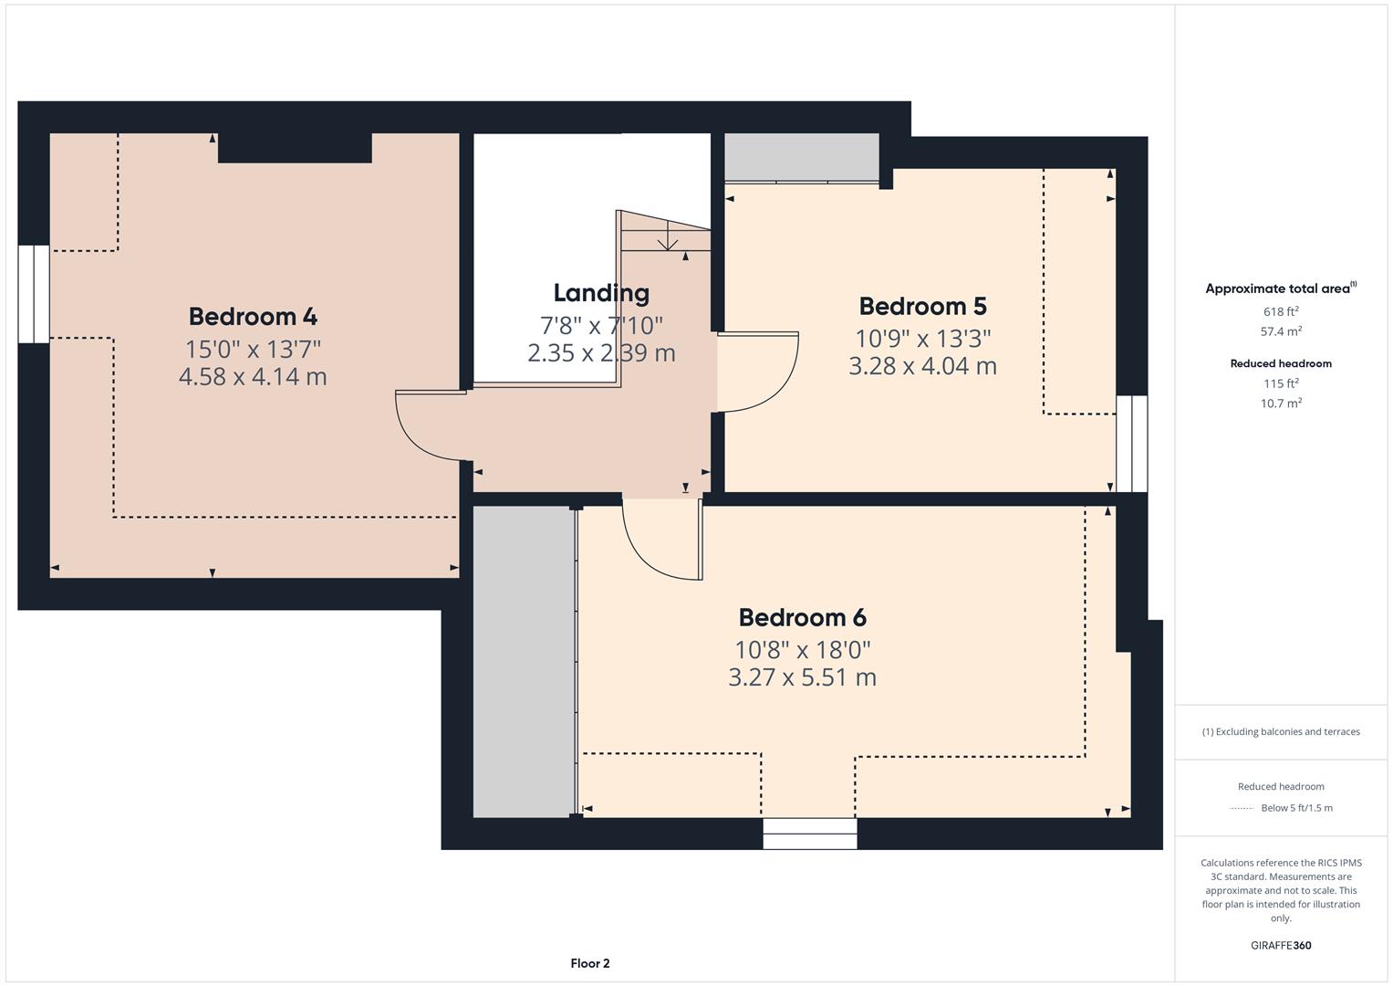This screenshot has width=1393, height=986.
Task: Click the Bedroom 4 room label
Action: [253, 317]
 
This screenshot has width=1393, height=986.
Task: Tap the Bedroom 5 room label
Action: [922, 306]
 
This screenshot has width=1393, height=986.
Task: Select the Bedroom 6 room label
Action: [802, 617]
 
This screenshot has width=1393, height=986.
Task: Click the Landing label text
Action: [601, 293]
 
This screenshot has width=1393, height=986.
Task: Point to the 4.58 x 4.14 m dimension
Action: [253, 376]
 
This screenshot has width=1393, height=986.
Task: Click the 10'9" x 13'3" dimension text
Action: [922, 339]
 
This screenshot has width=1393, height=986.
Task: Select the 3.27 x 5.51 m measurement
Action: [802, 677]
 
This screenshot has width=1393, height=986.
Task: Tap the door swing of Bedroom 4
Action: [424, 429]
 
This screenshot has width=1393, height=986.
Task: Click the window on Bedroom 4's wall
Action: [34, 294]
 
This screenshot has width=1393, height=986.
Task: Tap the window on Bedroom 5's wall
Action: [1131, 444]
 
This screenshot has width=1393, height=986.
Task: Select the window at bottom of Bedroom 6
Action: [810, 834]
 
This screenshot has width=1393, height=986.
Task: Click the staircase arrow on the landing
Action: [667, 241]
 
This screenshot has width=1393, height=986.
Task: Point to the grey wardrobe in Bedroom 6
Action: [523, 662]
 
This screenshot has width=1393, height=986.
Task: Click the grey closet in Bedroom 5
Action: [802, 157]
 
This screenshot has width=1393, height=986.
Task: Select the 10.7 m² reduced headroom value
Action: [1281, 403]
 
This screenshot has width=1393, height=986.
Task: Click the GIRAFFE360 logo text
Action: [1281, 945]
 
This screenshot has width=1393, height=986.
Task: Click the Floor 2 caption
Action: [590, 963]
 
